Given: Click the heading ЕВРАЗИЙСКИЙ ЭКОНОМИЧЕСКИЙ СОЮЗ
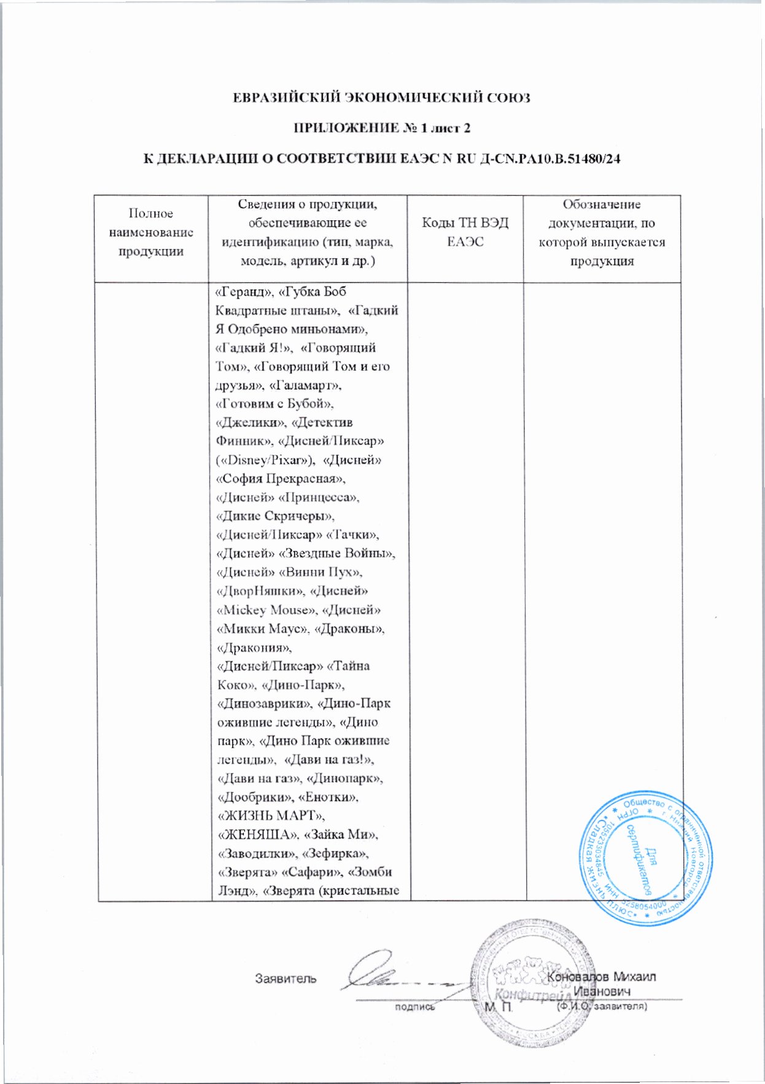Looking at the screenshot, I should [381, 98].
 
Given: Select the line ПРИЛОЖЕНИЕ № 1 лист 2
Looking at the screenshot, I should [381, 128].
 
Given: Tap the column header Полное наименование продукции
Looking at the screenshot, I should [151, 232].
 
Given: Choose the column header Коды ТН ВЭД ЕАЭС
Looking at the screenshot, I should [465, 232].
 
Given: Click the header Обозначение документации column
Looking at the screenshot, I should [602, 232].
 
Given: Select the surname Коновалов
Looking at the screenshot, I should [579, 976].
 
